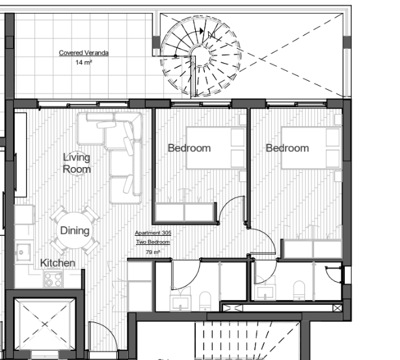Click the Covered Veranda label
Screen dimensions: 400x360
(x=84, y=53)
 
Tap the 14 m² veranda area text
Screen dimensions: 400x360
(x=84, y=62)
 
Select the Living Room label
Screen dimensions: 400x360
(x=77, y=163)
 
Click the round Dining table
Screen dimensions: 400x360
(x=75, y=230)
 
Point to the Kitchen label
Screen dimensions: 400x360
(x=58, y=263)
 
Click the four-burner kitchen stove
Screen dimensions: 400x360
(x=53, y=279)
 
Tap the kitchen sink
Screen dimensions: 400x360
(x=23, y=252)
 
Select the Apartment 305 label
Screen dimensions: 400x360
(x=153, y=233)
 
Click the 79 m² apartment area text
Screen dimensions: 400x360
(x=153, y=252)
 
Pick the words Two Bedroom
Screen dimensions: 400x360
(x=153, y=242)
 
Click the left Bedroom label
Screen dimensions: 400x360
(x=189, y=148)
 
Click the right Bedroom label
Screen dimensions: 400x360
(x=287, y=148)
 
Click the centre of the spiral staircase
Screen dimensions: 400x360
(x=201, y=56)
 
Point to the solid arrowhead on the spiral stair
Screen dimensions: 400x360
(x=202, y=31)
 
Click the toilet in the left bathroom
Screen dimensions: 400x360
(x=205, y=302)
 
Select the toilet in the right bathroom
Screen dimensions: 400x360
(x=299, y=290)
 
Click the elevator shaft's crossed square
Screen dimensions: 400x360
(x=45, y=324)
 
